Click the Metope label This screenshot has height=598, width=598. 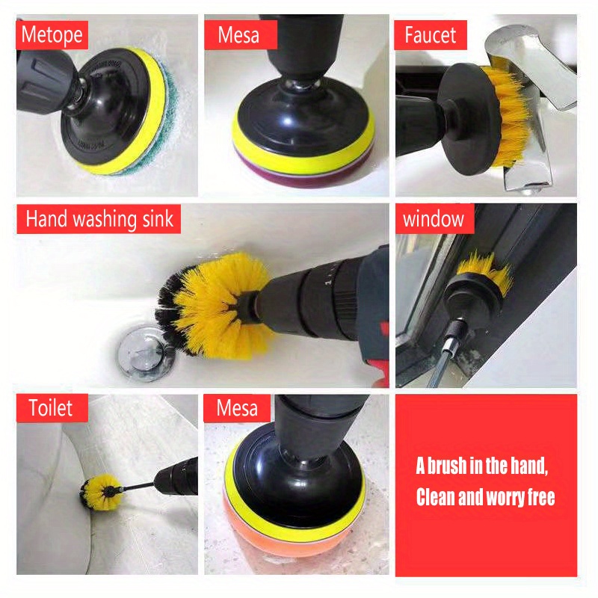point(52,34)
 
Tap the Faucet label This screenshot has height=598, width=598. point(431,34)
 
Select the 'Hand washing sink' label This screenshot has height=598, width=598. point(99,219)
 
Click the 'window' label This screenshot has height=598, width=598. point(434,219)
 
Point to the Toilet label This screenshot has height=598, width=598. point(52,408)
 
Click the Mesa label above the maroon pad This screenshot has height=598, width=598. point(238,34)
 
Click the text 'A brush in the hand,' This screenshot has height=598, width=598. point(482,467)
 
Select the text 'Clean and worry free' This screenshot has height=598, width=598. point(485,498)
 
